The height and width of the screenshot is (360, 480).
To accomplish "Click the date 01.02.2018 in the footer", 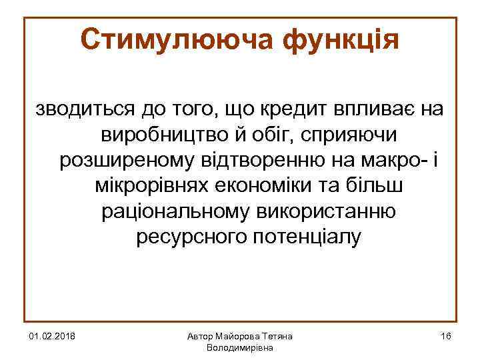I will [52, 337].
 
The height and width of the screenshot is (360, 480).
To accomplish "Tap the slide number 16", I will [446, 337].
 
